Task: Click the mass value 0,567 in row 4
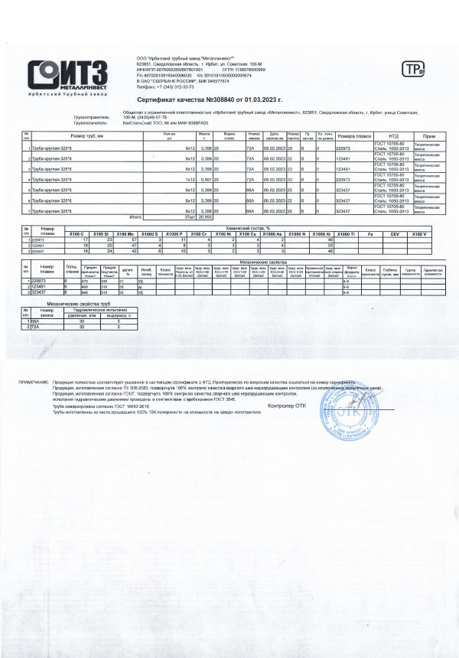point(205,178)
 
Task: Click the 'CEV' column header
point(395,233)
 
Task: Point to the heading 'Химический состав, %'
point(252,228)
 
